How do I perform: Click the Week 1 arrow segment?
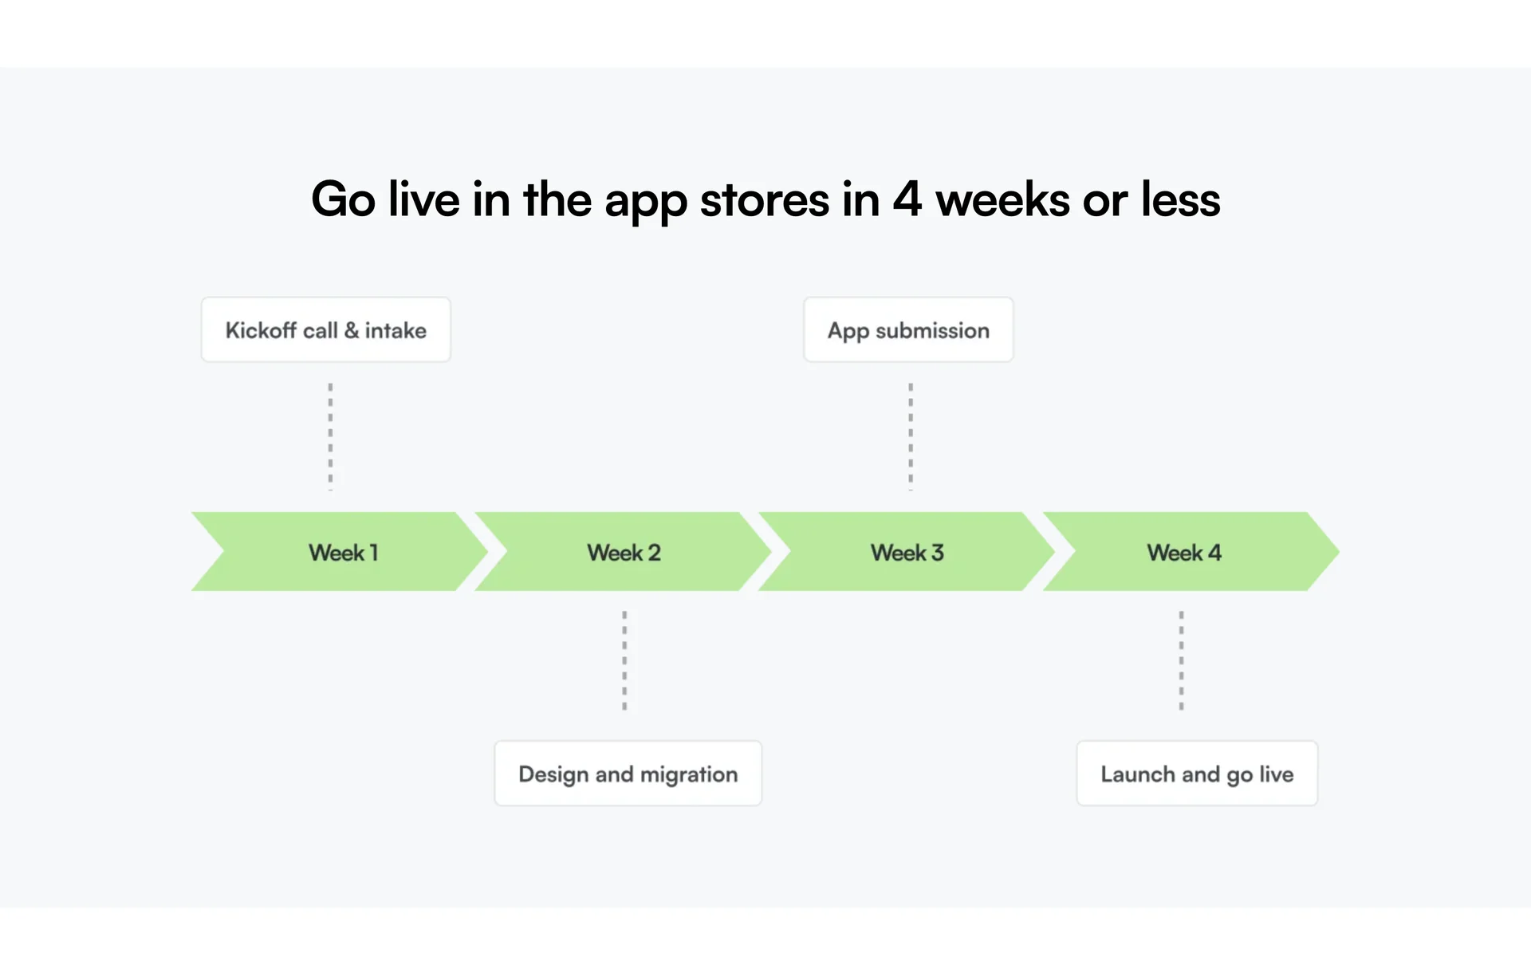point(340,552)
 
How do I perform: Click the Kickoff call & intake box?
point(326,330)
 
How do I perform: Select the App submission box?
point(908,330)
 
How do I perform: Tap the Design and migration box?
point(628,774)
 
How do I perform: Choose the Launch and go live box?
point(1197,774)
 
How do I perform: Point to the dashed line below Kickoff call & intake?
point(330,436)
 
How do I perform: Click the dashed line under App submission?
point(911,436)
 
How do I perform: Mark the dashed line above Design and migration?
point(624,661)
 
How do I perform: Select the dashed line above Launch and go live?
point(1181,661)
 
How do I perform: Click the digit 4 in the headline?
point(907,199)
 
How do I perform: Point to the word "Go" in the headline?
point(344,199)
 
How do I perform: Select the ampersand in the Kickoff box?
point(352,330)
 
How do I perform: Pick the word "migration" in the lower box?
point(689,775)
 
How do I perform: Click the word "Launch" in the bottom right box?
point(1138,774)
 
